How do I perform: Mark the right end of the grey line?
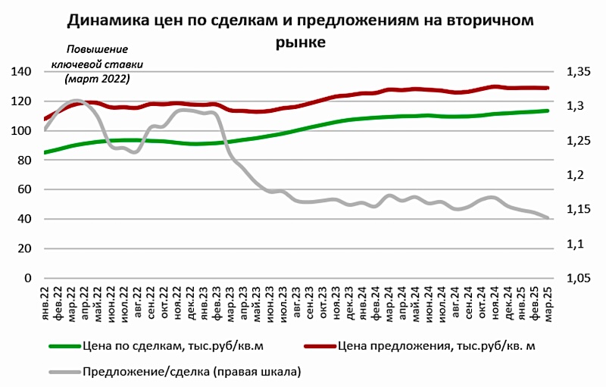(548, 217)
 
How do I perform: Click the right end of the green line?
(548, 111)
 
